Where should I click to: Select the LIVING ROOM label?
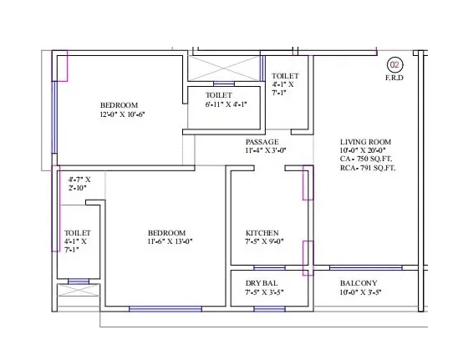[x=365, y=142]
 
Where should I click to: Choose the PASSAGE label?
[x=262, y=142]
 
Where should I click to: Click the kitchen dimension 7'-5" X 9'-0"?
[x=266, y=242]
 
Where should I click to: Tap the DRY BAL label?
[x=262, y=283]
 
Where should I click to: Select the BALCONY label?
[x=359, y=283]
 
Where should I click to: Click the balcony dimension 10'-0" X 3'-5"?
[x=361, y=293]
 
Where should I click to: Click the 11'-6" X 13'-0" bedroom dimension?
[x=166, y=242]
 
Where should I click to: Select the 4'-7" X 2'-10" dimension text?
[x=79, y=184]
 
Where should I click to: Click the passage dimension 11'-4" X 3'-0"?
[x=266, y=151]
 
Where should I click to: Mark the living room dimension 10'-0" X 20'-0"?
[x=365, y=150]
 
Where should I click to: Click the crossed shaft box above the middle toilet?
[x=221, y=68]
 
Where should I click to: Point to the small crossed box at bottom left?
[x=66, y=297]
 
